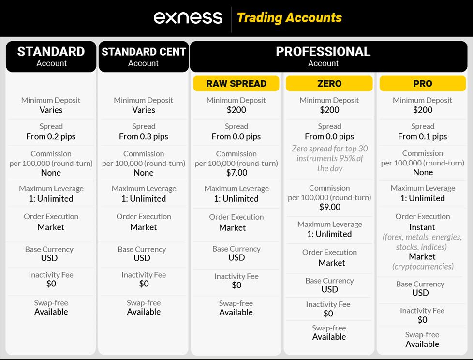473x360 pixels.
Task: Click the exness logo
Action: click(x=188, y=18)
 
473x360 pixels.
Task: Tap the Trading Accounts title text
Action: click(x=289, y=18)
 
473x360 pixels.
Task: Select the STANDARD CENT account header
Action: click(x=144, y=56)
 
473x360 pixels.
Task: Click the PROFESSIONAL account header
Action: click(x=323, y=56)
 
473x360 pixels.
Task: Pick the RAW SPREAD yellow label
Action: click(x=236, y=84)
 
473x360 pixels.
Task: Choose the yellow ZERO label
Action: click(x=329, y=84)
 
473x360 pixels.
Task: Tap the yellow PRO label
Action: click(x=422, y=84)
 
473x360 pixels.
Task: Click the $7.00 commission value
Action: click(x=236, y=173)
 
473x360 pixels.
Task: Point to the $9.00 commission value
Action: click(x=329, y=207)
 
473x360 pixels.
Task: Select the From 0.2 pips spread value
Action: click(x=51, y=136)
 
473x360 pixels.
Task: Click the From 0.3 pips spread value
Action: click(x=144, y=136)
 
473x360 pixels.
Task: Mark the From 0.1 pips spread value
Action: click(x=422, y=136)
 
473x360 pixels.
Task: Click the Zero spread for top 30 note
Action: click(x=329, y=158)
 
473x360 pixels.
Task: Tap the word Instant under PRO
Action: click(x=422, y=227)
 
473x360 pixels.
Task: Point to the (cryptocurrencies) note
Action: click(x=422, y=267)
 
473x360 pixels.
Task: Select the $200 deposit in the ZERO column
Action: click(x=329, y=110)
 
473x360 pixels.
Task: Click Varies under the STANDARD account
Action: click(x=51, y=110)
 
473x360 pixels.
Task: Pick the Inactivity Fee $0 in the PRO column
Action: click(x=422, y=320)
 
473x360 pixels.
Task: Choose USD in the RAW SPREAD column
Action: click(x=236, y=258)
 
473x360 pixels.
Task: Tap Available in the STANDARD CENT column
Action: click(x=144, y=312)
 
